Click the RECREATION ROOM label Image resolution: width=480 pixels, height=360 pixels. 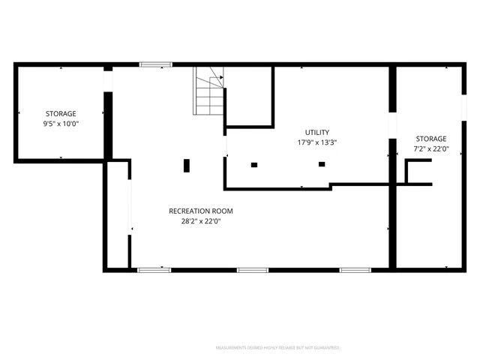coord(195,211)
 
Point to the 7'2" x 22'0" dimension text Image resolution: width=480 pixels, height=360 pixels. coord(431,148)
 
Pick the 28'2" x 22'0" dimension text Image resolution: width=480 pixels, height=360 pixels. coord(195,221)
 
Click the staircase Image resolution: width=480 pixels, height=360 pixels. coord(209,91)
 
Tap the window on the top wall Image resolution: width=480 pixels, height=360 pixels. coord(155,65)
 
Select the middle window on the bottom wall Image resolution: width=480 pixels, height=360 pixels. coord(253,269)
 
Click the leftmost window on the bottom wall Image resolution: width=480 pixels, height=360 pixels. coord(154,269)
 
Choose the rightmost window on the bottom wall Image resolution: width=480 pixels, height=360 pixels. coord(355,269)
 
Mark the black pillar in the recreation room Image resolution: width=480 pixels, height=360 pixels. coord(187,165)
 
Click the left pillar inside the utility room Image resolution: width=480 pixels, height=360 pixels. coord(254,164)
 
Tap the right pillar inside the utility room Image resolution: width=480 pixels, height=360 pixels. coord(322,163)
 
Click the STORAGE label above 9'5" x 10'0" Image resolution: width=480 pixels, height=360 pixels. coord(61,113)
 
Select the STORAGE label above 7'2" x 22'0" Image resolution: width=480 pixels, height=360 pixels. coord(431,139)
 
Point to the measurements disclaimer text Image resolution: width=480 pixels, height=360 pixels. coord(278,348)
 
